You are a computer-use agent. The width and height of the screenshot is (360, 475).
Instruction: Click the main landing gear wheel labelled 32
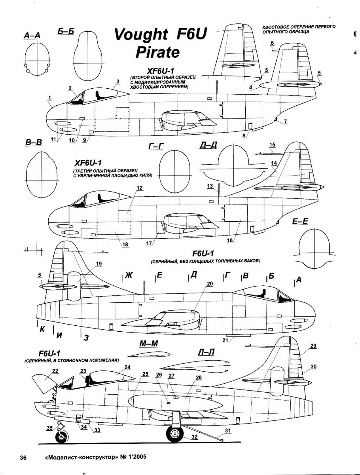(x=174, y=434)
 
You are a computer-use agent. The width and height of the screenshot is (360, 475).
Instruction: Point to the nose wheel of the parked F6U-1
(x=61, y=437)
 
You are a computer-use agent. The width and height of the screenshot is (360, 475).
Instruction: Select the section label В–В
(x=34, y=142)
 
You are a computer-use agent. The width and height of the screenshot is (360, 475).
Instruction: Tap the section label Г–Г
(x=156, y=147)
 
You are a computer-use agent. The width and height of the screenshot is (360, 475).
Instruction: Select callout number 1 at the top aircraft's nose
(x=50, y=97)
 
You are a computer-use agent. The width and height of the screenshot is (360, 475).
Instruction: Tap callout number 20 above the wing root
(x=210, y=283)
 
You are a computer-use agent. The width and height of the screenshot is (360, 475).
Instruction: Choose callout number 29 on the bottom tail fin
(x=313, y=346)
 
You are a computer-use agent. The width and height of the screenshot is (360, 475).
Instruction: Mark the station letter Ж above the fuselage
(x=128, y=275)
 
